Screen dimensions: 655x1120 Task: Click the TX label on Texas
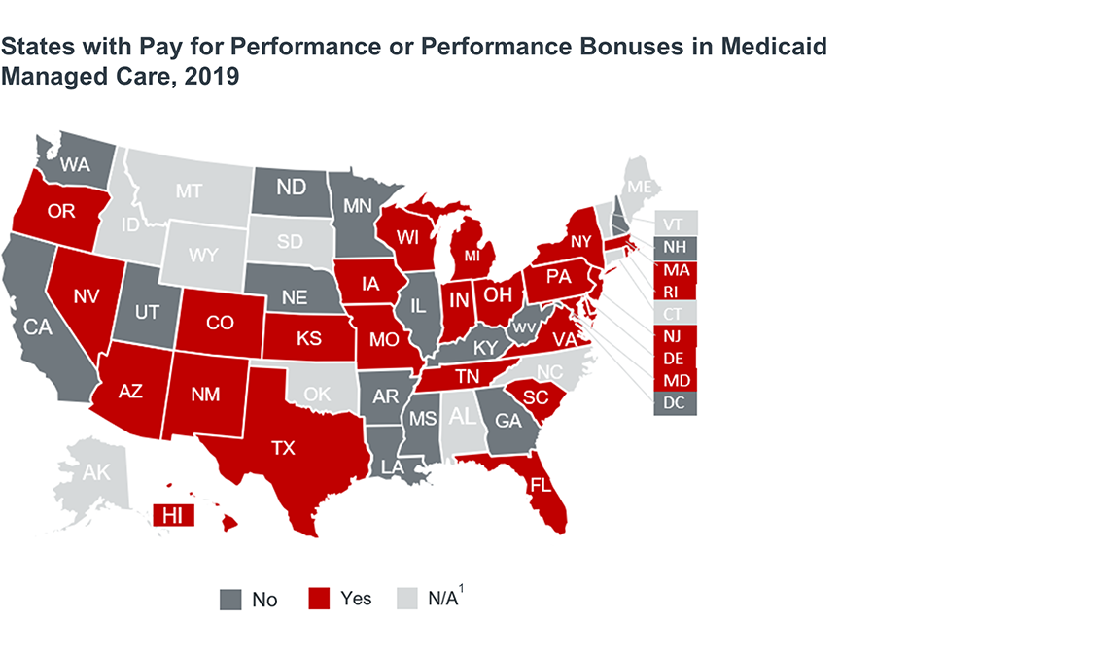[x=282, y=448]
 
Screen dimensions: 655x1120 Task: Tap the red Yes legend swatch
[x=320, y=599]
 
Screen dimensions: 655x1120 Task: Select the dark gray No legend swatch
[x=229, y=600]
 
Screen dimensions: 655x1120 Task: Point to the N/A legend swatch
[x=407, y=599]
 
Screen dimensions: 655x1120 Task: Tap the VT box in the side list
[x=674, y=223]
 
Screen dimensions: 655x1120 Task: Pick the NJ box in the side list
[x=674, y=336]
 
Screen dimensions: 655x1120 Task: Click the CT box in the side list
[x=674, y=313]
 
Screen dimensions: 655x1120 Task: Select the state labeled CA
[x=38, y=327]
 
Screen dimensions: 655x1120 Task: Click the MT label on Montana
[x=189, y=191]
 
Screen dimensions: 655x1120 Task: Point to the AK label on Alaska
[x=96, y=473]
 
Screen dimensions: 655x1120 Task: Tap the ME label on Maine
[x=639, y=186]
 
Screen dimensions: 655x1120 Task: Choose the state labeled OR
[x=61, y=211]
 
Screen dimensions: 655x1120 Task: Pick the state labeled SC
[x=536, y=396]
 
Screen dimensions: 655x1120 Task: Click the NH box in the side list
[x=674, y=246]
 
